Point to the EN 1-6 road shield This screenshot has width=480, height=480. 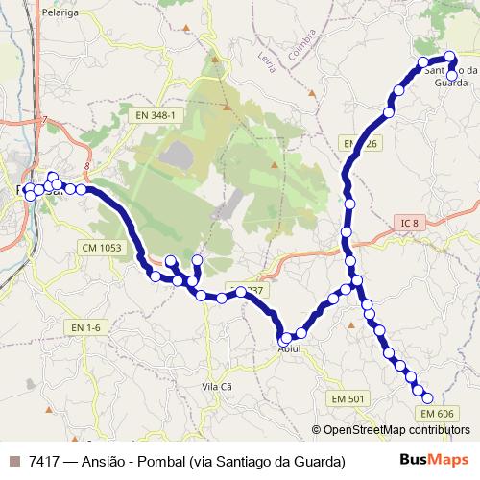(x=85, y=327)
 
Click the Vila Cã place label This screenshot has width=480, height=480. (x=217, y=385)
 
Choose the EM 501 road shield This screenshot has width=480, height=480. (x=348, y=398)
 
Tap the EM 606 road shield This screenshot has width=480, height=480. (x=436, y=414)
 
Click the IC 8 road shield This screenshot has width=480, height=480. (x=411, y=224)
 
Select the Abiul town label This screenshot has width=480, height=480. (x=289, y=348)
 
